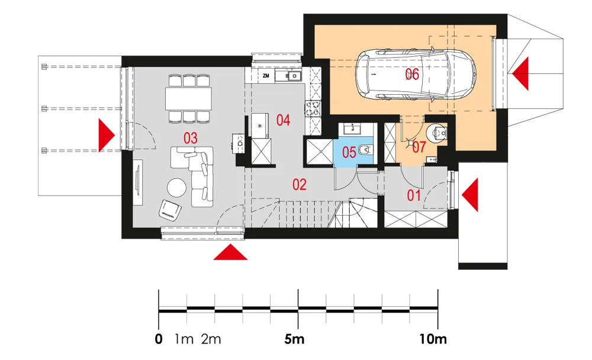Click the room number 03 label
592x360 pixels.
(190, 139)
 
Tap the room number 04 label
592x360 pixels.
(283, 121)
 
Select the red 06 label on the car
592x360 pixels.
(412, 75)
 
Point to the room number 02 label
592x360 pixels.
(300, 185)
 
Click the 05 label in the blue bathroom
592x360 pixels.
(349, 153)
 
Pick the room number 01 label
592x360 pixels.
(414, 195)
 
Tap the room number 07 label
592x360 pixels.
(419, 147)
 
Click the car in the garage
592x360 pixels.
(416, 75)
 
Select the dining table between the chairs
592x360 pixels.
(188, 99)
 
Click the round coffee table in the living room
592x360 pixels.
(176, 187)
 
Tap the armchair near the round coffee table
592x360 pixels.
(170, 210)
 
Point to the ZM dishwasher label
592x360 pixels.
(266, 76)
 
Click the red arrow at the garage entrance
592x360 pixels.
(520, 73)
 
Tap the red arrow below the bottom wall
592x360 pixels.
(230, 252)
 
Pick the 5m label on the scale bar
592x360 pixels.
(294, 339)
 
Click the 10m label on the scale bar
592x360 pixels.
(433, 339)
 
